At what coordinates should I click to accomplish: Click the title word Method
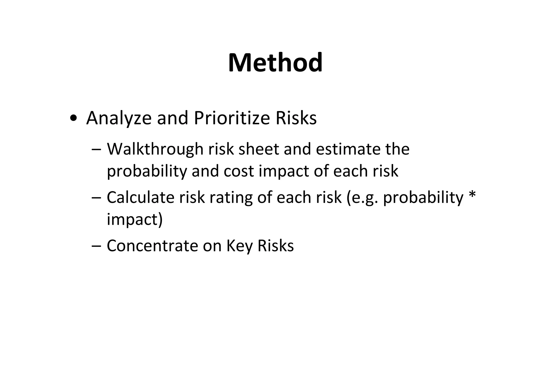275,63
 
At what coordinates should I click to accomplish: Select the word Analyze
119,118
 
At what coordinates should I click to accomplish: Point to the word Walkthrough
155,149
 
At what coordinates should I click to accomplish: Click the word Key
239,246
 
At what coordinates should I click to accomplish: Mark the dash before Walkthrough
96,150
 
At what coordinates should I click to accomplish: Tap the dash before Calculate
96,198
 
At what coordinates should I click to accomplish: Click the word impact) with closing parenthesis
135,220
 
